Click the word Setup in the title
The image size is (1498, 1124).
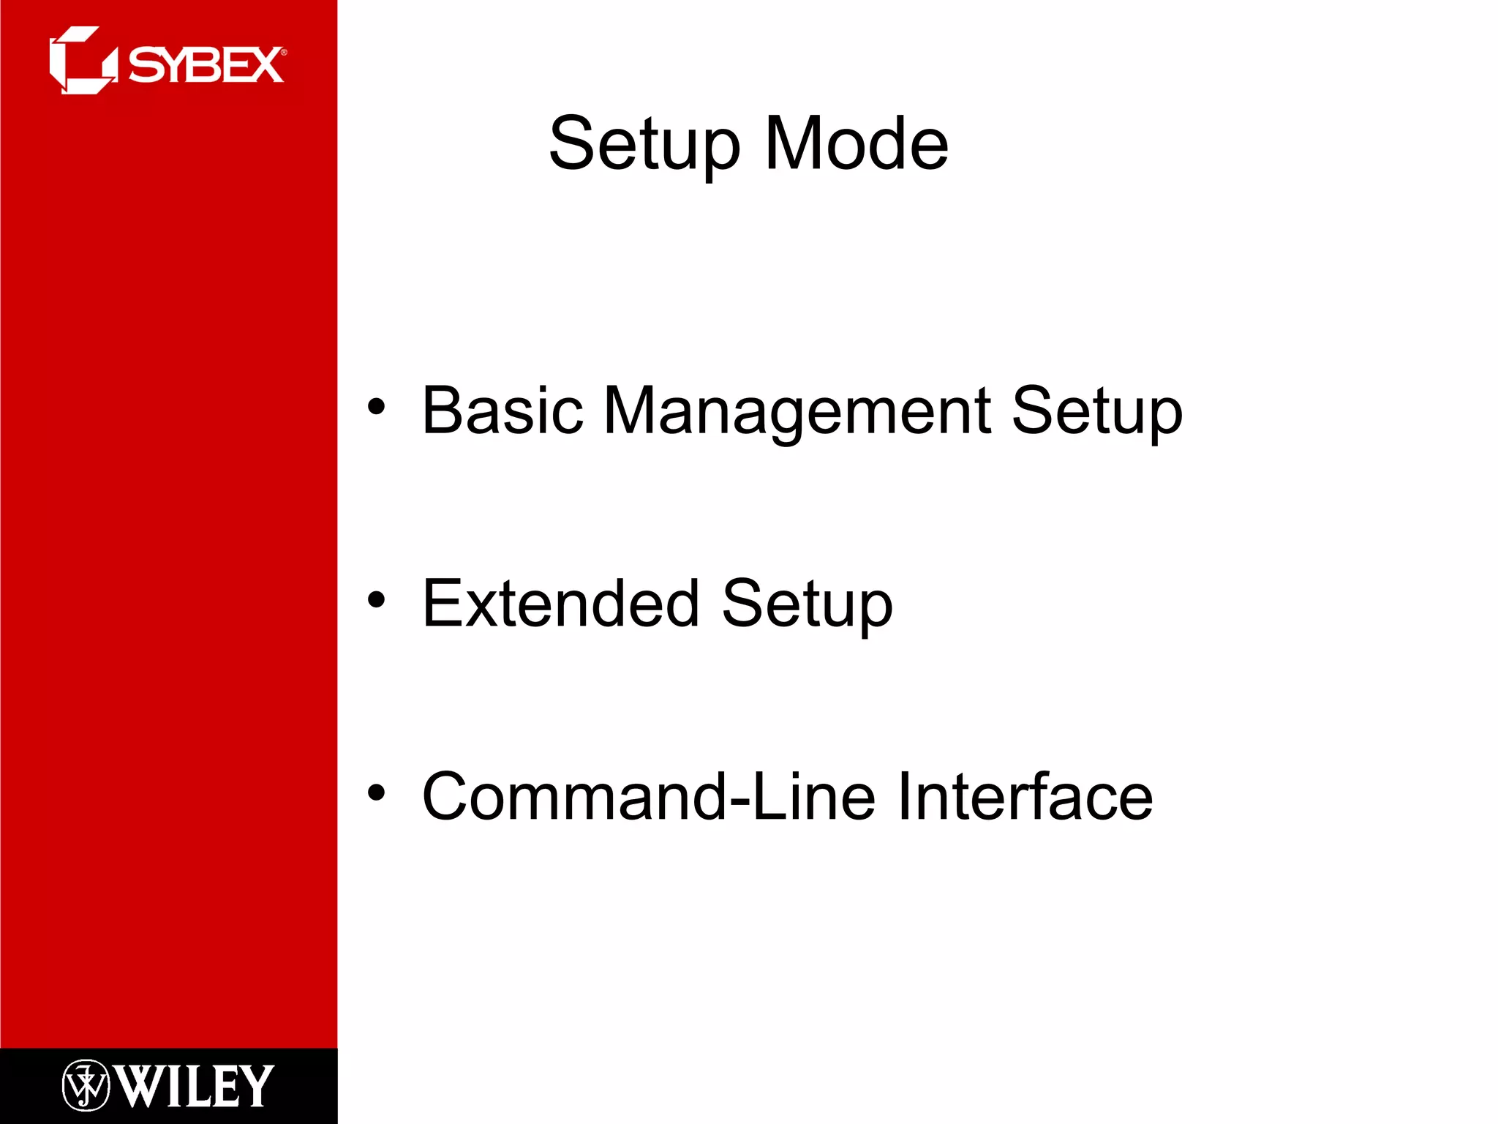[x=644, y=144]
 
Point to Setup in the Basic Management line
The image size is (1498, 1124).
[x=1096, y=411]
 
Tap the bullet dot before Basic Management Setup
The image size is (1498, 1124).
[x=376, y=407]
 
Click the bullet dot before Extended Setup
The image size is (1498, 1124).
[x=376, y=600]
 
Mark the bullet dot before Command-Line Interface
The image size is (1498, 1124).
[x=376, y=793]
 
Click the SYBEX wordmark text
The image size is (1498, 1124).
[x=206, y=65]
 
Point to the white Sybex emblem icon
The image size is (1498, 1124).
[x=83, y=60]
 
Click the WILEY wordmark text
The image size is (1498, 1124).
[x=195, y=1087]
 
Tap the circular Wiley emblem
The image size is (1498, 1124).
[x=86, y=1085]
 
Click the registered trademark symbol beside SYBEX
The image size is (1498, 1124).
[x=284, y=52]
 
